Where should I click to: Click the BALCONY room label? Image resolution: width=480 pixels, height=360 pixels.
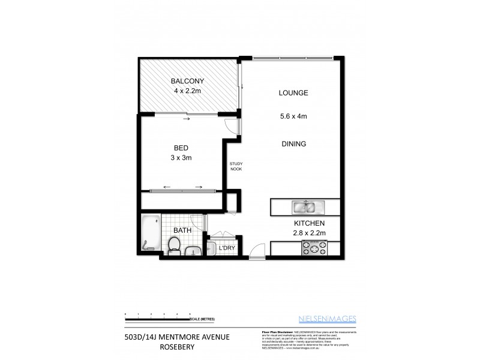click(187, 82)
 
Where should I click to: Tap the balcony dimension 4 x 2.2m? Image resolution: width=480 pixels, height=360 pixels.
click(187, 92)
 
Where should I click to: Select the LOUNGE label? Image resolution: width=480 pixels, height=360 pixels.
click(293, 93)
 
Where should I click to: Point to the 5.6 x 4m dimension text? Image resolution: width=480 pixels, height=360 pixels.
click(293, 117)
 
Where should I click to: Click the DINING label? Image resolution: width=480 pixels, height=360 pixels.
click(293, 144)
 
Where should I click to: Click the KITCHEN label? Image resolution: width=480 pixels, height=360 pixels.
click(308, 223)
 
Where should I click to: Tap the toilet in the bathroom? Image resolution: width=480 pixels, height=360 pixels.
click(174, 245)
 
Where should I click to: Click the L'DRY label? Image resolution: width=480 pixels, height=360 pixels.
click(226, 247)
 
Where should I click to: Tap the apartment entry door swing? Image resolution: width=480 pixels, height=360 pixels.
click(257, 251)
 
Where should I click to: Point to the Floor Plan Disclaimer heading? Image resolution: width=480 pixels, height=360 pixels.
click(277, 331)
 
